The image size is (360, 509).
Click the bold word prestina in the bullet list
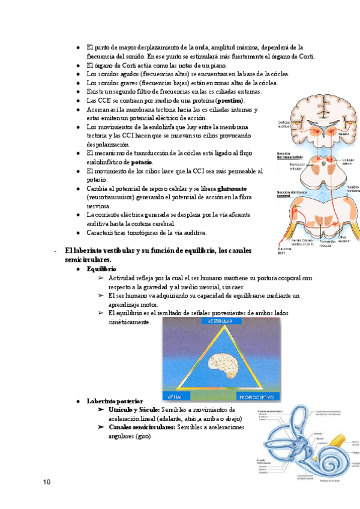click(x=230, y=100)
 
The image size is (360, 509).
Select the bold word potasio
click(x=141, y=163)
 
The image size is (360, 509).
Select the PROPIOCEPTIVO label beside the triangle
click(x=256, y=397)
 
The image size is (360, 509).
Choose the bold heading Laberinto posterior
click(x=115, y=400)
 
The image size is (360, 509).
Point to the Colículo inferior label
click(x=348, y=161)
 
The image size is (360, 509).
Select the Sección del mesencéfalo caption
click(x=290, y=155)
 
